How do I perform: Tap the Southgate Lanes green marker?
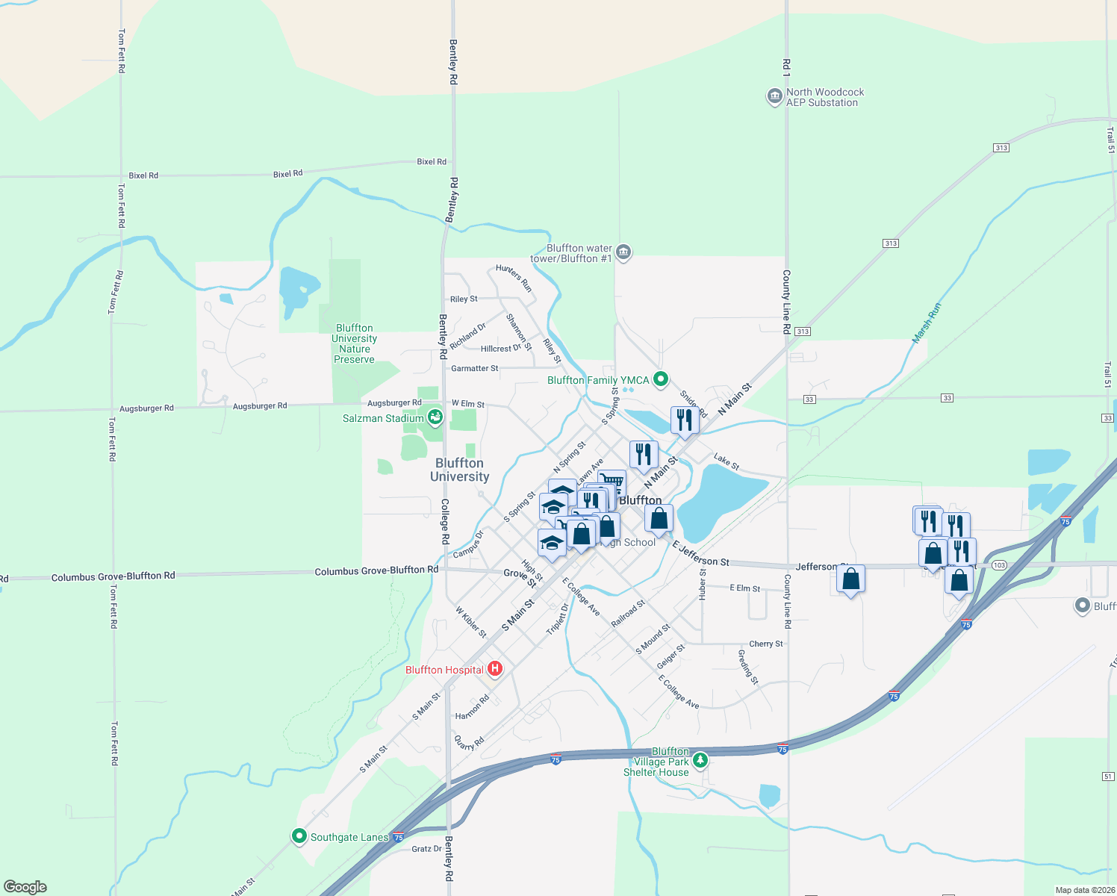click(x=299, y=836)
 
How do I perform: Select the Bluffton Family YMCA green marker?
click(x=660, y=379)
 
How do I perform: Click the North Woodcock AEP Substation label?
click(x=824, y=97)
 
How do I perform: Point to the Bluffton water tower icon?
click(x=623, y=252)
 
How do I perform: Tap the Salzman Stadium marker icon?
click(x=435, y=417)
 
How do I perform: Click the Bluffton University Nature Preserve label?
click(x=355, y=343)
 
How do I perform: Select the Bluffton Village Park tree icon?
click(x=700, y=760)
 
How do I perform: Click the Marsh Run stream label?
click(x=927, y=323)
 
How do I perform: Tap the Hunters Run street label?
click(x=514, y=278)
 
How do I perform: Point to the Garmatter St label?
click(x=474, y=368)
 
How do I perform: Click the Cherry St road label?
click(x=766, y=644)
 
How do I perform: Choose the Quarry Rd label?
click(x=470, y=742)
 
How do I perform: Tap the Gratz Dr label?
click(x=426, y=848)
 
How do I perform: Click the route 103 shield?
click(x=1000, y=565)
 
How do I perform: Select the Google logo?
click(x=25, y=887)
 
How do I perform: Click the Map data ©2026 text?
click(x=1083, y=890)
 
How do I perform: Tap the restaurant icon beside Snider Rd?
click(x=685, y=420)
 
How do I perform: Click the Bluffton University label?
click(x=459, y=470)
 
